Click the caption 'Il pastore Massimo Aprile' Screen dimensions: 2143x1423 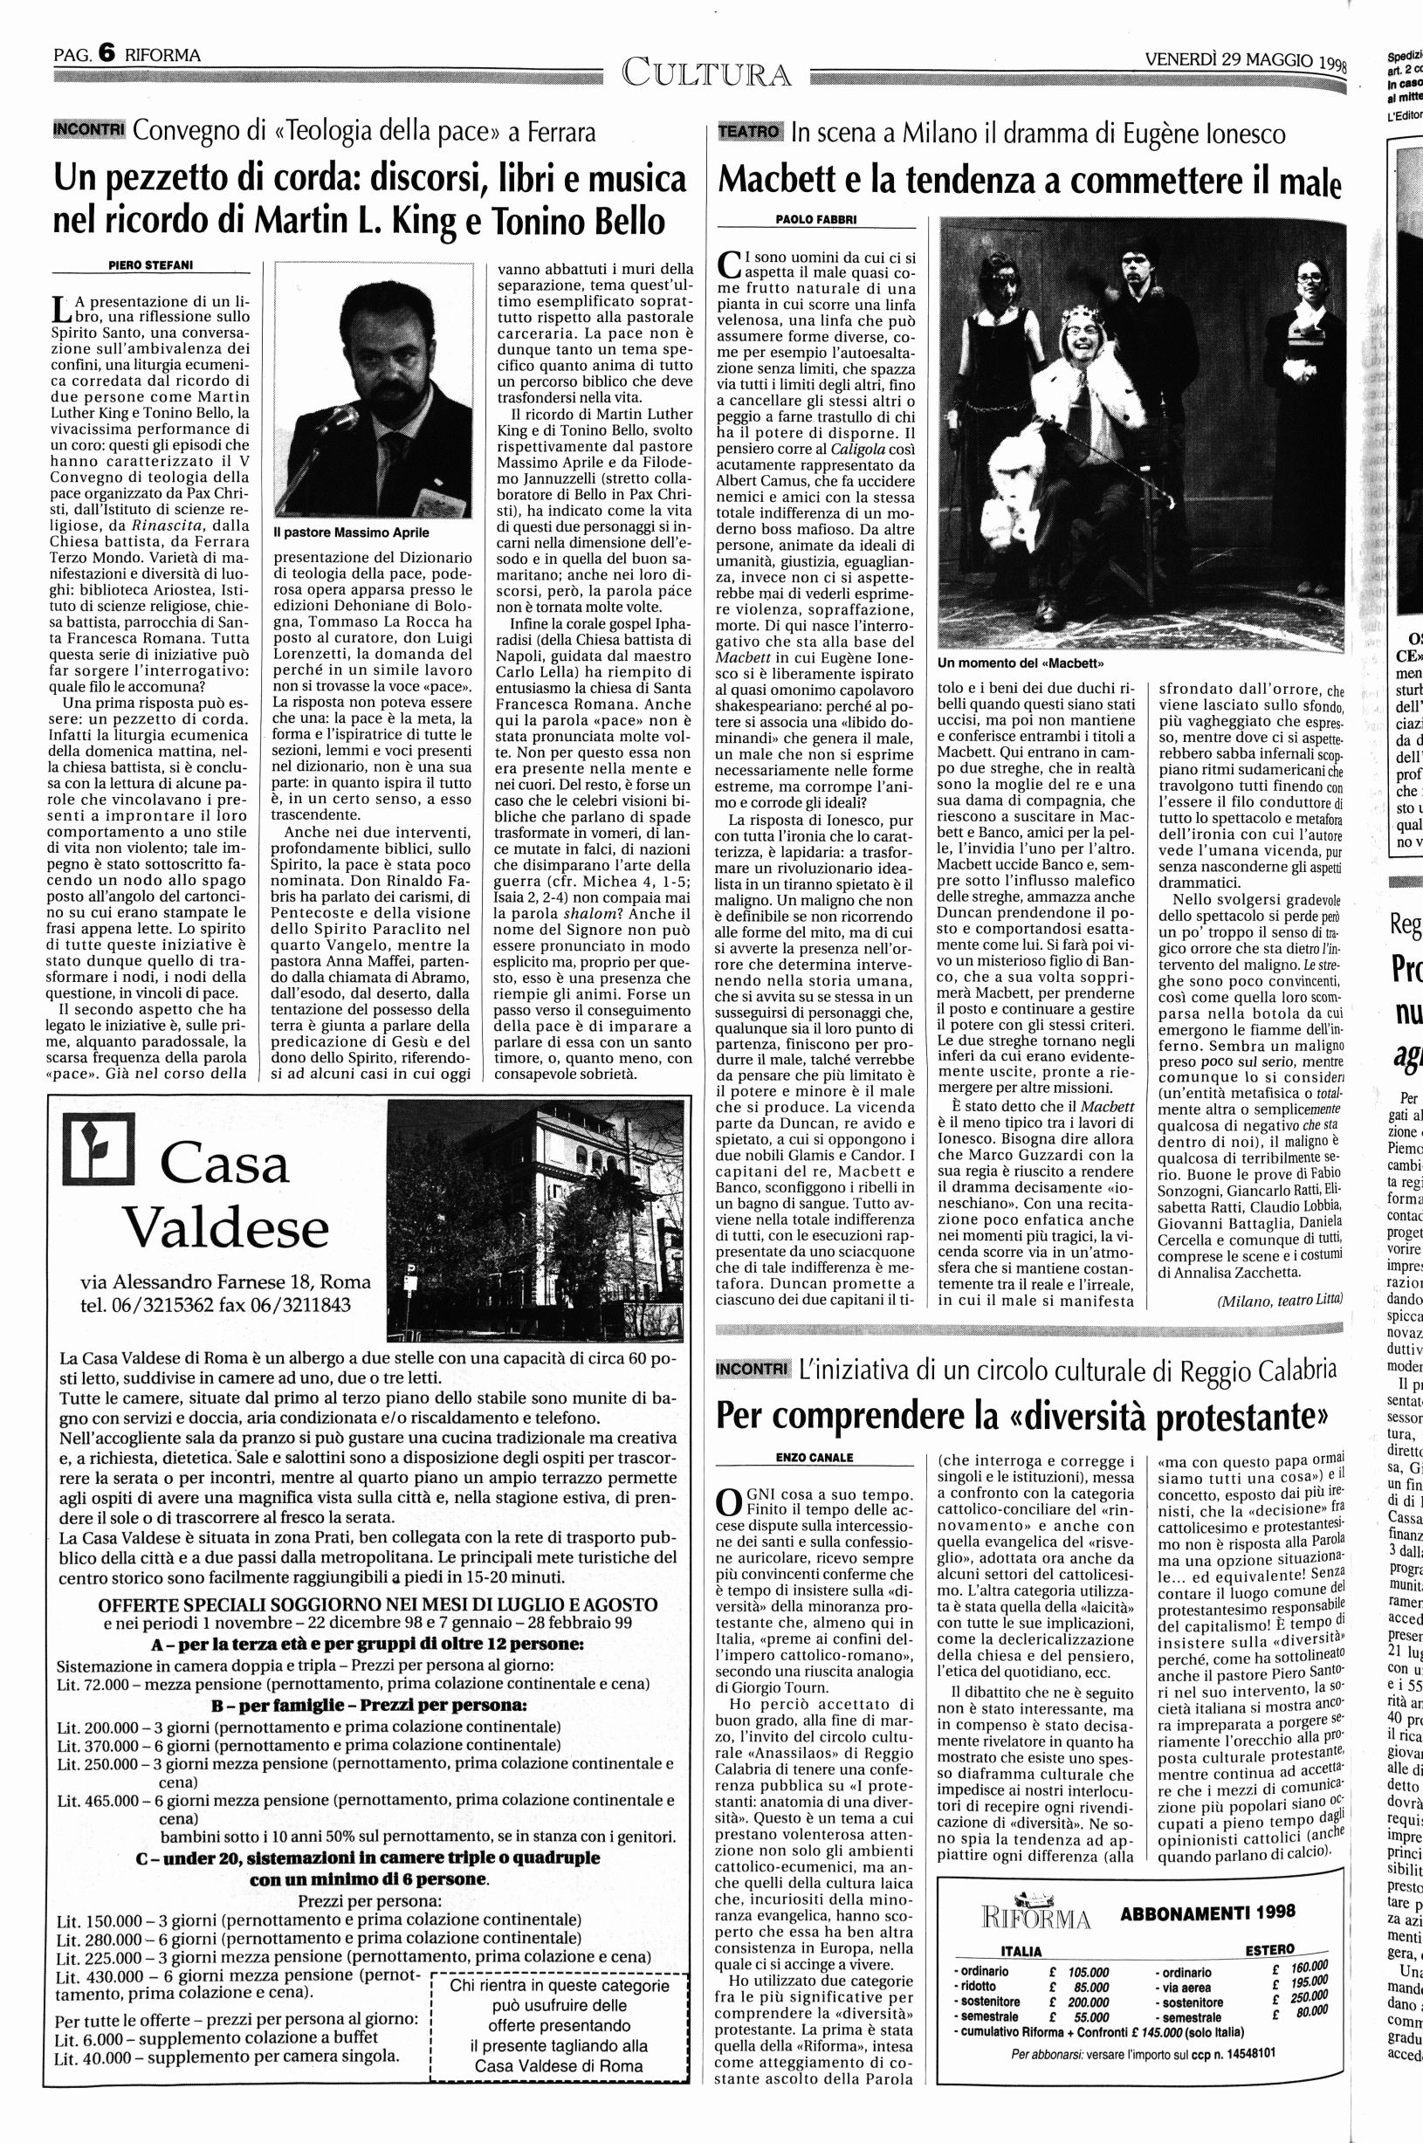[x=351, y=532]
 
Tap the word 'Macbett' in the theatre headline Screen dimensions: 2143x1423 [x=777, y=181]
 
